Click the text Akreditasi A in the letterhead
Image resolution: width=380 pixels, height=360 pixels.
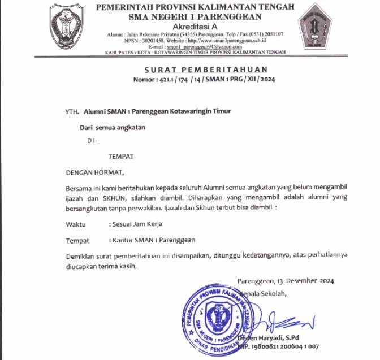coord(195,26)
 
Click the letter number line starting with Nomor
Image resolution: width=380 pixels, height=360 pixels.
coord(195,80)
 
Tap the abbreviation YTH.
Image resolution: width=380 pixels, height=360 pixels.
coord(71,112)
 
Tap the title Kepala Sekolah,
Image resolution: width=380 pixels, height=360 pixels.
coord(264,293)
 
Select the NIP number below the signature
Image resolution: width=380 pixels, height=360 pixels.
coord(279,346)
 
